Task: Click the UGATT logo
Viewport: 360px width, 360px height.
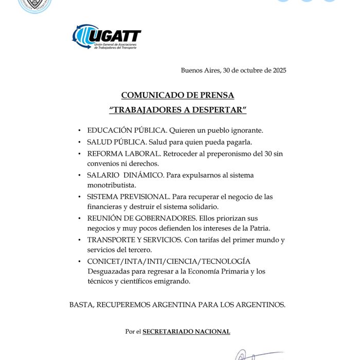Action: pyautogui.click(x=106, y=37)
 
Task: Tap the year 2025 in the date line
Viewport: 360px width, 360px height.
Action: pyautogui.click(x=277, y=70)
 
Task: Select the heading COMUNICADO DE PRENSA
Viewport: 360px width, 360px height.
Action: pyautogui.click(x=177, y=95)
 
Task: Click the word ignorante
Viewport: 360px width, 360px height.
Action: pyautogui.click(x=247, y=131)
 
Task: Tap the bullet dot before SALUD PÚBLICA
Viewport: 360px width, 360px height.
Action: pyautogui.click(x=79, y=142)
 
